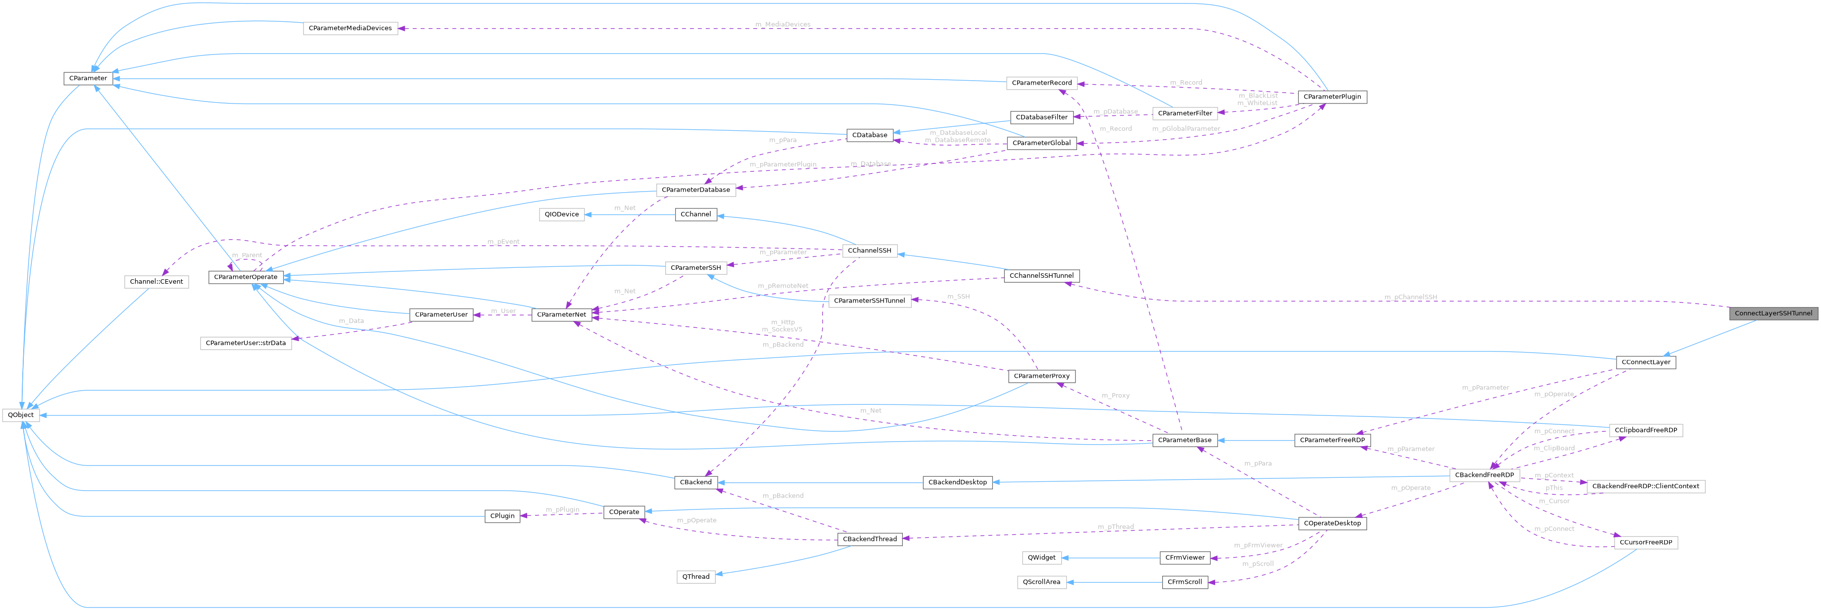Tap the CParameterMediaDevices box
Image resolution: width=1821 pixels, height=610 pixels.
[x=350, y=28]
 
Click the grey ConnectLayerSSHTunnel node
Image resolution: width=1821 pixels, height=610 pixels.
[x=1773, y=313]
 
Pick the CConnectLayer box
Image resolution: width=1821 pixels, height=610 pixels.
[x=1646, y=362]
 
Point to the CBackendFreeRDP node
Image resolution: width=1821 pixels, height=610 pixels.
[x=1484, y=475]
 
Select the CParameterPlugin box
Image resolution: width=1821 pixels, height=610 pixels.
[x=1332, y=97]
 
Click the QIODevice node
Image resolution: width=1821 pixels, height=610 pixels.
[x=561, y=214]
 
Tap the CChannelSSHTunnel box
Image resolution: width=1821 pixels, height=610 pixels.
[x=1041, y=276]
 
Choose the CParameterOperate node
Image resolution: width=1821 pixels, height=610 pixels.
[x=246, y=277]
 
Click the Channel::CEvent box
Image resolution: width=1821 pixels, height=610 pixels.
[x=156, y=281]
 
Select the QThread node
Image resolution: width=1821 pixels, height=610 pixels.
[x=695, y=577]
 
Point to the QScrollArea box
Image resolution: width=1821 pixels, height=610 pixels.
[x=1042, y=582]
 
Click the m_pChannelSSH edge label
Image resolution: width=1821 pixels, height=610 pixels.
[x=1410, y=298]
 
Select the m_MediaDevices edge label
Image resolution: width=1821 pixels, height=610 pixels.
[x=783, y=25]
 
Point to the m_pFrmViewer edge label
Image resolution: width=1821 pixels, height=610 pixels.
[x=1258, y=546]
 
